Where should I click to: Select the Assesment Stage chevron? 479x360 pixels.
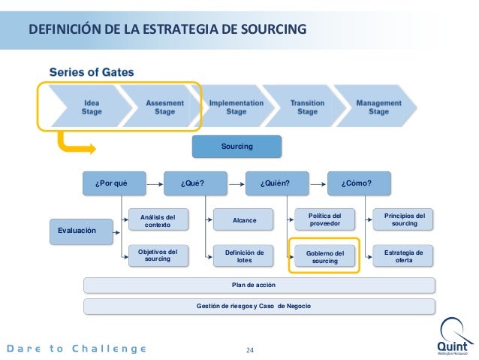[159, 107]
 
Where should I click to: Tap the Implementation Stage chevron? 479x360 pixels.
[236, 107]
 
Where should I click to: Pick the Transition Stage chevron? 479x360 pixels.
[306, 107]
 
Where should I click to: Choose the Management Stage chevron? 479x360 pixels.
[378, 107]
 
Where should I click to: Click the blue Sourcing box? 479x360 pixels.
[236, 146]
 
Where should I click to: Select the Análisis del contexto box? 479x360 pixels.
[158, 220]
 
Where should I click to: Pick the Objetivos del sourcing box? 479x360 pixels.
[158, 256]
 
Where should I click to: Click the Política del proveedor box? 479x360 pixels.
[325, 219]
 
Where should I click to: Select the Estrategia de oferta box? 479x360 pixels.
[405, 256]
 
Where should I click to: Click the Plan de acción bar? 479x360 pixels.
[259, 285]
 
